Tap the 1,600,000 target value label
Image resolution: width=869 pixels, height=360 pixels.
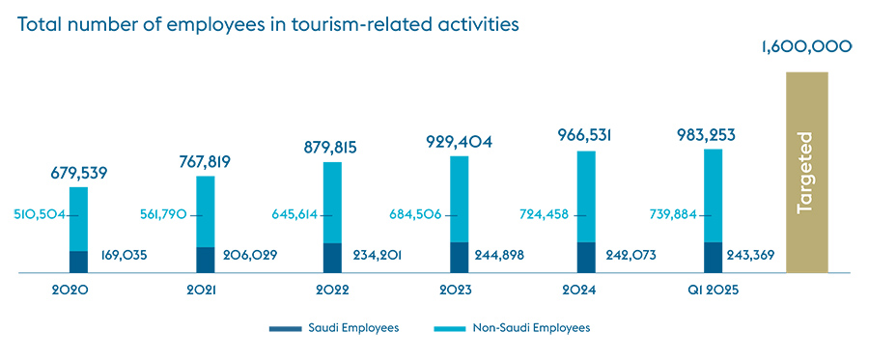[x=806, y=45]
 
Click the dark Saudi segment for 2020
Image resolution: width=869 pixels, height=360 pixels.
[x=78, y=262]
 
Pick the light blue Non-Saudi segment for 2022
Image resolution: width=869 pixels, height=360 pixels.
[x=332, y=202]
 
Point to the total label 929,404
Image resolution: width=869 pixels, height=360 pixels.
[x=460, y=142]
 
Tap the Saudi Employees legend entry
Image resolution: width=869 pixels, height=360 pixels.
[x=334, y=328]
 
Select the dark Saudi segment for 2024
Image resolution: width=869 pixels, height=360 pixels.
[x=586, y=257]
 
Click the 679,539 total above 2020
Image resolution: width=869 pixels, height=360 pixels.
[x=78, y=174]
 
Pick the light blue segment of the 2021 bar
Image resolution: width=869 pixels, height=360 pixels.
[x=206, y=210]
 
